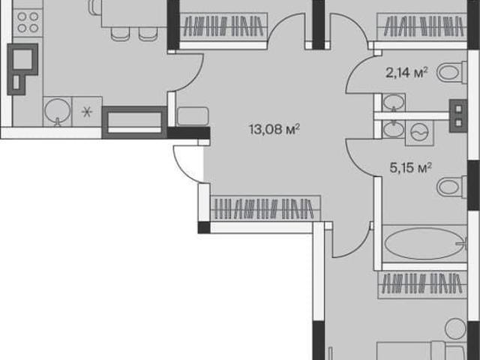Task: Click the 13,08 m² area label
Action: tap(274, 129)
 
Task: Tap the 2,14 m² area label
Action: tap(406, 73)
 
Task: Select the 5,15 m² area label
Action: tap(410, 167)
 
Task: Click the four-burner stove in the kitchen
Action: tap(28, 22)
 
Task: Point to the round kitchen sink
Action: tap(57, 112)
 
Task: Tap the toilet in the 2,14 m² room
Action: tap(451, 73)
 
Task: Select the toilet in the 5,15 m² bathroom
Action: tap(451, 187)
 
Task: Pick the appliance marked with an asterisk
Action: tap(87, 112)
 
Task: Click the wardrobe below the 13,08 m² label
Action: tap(265, 208)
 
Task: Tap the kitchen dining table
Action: tap(134, 13)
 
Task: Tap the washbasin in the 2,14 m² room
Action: tap(394, 103)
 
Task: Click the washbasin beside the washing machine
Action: tap(394, 129)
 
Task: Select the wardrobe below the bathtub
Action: tap(423, 284)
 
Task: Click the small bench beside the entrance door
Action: tap(193, 116)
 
